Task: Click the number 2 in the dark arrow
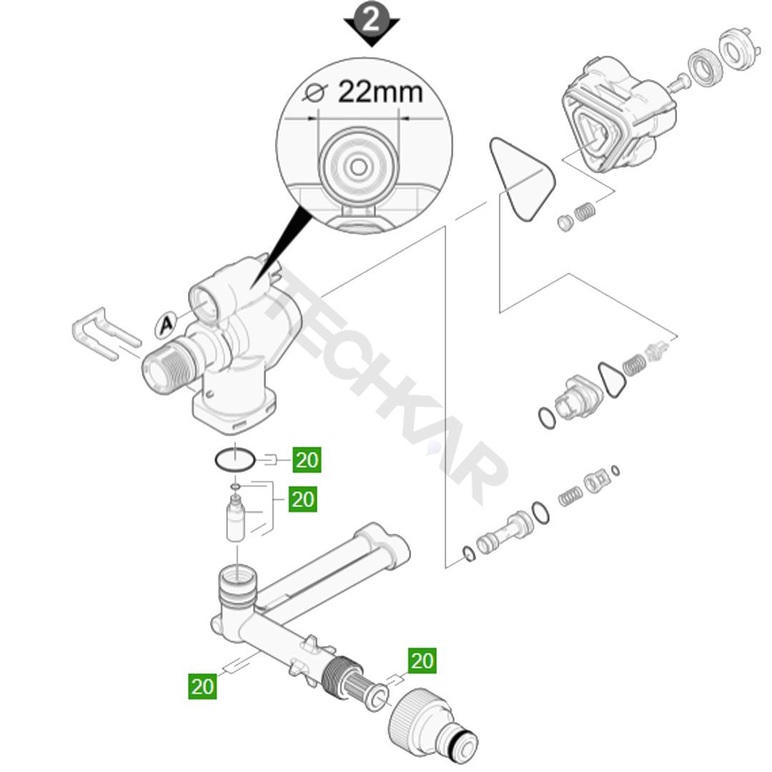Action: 371,20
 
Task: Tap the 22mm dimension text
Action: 380,91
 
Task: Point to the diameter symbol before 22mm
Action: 315,92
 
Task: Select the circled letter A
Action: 167,325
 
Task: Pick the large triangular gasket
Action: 522,178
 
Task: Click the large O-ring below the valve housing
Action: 235,460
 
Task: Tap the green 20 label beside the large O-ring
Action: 307,460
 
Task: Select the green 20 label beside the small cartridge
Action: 303,499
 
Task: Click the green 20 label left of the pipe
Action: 202,686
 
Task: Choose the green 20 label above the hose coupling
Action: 422,660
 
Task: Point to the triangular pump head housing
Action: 619,113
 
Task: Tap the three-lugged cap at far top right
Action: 741,49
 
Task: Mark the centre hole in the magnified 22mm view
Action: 358,167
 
